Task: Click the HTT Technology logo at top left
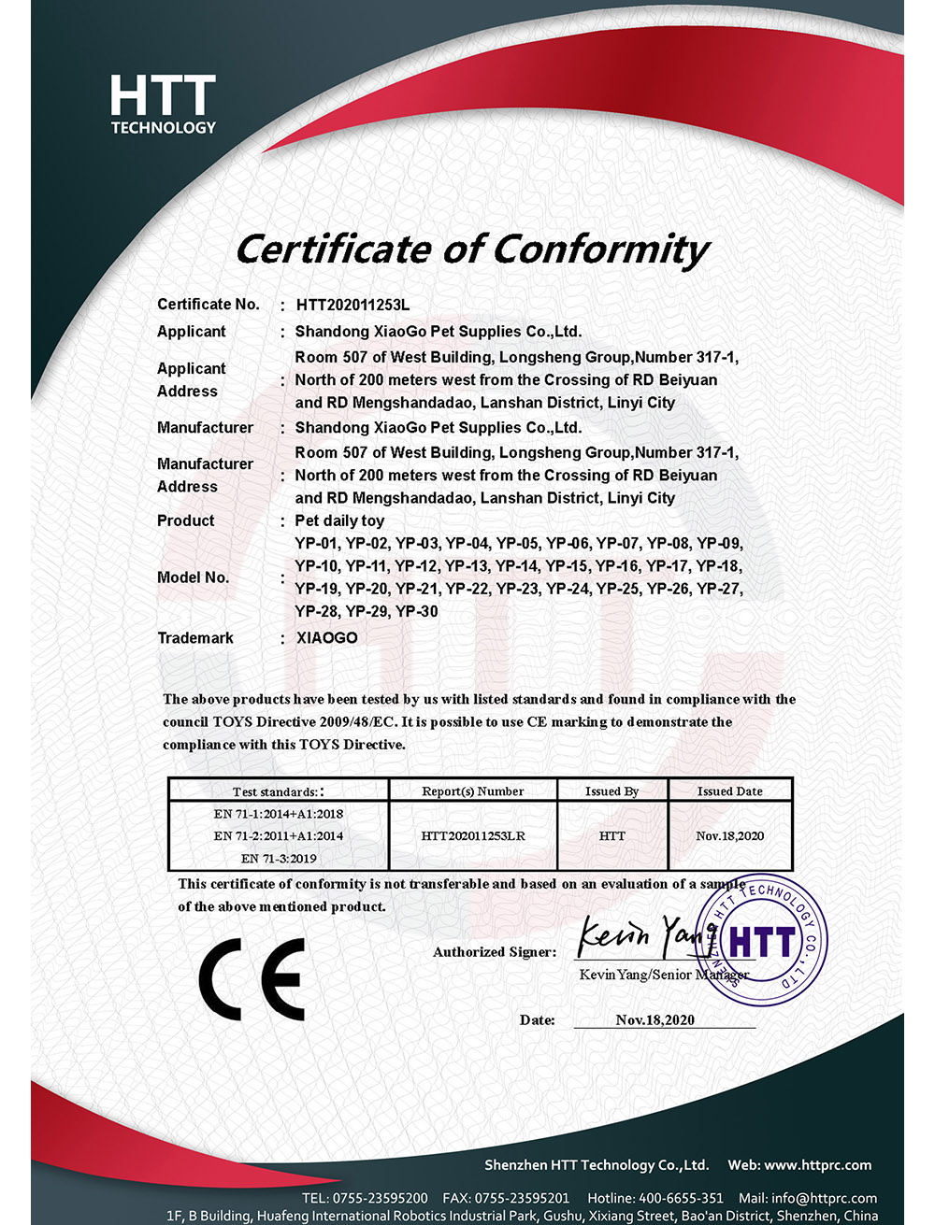pyautogui.click(x=164, y=105)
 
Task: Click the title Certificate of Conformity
pyautogui.click(x=472, y=249)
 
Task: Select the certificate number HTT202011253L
pyautogui.click(x=352, y=305)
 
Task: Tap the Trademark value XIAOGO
pyautogui.click(x=326, y=638)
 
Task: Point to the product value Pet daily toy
pyautogui.click(x=339, y=520)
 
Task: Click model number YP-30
pyautogui.click(x=416, y=611)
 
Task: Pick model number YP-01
pyautogui.click(x=316, y=543)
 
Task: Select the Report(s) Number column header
pyautogui.click(x=472, y=791)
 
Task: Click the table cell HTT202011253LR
pyautogui.click(x=473, y=835)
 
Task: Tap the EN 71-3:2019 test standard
pyautogui.click(x=279, y=858)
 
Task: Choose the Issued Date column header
pyautogui.click(x=729, y=791)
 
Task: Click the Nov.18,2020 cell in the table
pyautogui.click(x=729, y=835)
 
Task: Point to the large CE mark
pyautogui.click(x=252, y=978)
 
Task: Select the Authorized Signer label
pyautogui.click(x=494, y=952)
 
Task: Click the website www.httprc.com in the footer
pyautogui.click(x=817, y=1165)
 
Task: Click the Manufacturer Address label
pyautogui.click(x=205, y=475)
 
